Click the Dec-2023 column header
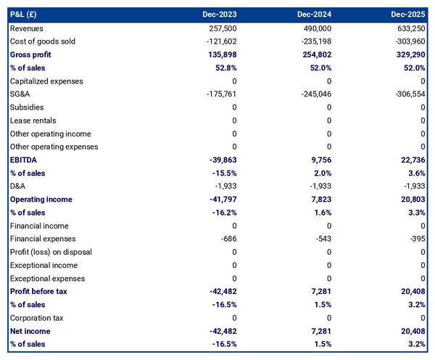pyautogui.click(x=219, y=15)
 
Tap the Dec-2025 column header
pyautogui.click(x=409, y=15)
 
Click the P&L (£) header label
pyautogui.click(x=26, y=15)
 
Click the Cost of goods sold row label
pyautogui.click(x=43, y=41)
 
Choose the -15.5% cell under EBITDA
pyautogui.click(x=221, y=173)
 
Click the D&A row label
pyautogui.click(x=18, y=187)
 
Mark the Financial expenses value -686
pyautogui.click(x=228, y=239)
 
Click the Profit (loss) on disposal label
pyautogui.click(x=50, y=252)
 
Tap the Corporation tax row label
pyautogui.click(x=36, y=318)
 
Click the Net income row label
pyautogui.click(x=31, y=331)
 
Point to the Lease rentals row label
pyautogui.click(x=33, y=120)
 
